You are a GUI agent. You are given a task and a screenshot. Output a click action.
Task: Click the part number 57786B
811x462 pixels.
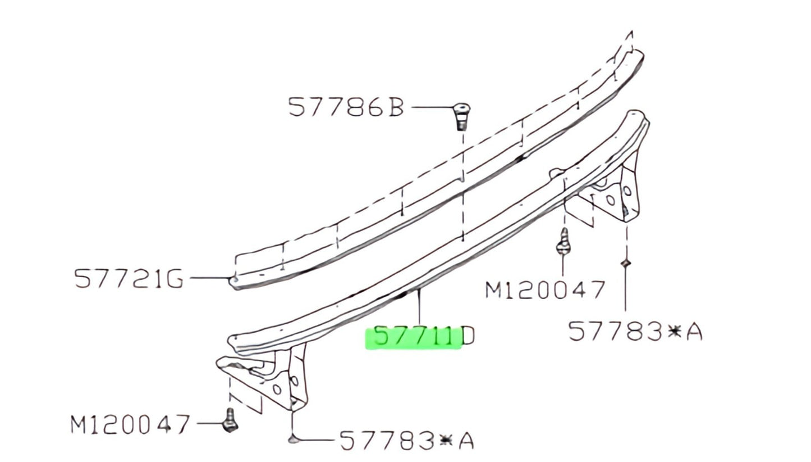(x=346, y=107)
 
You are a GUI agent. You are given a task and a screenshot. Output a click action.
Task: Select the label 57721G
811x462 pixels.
(x=129, y=279)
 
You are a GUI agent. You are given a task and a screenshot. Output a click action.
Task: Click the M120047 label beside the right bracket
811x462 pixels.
(x=544, y=290)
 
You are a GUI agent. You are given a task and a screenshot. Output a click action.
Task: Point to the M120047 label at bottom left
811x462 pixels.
(x=130, y=424)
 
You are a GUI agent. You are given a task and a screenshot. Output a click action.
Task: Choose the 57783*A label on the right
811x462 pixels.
(x=635, y=332)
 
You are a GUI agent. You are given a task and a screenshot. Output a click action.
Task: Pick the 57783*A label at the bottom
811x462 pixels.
(x=406, y=441)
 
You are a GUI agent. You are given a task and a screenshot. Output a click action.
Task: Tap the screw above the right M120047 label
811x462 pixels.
(x=563, y=241)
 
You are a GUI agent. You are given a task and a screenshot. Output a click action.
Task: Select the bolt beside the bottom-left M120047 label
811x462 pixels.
(x=230, y=420)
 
